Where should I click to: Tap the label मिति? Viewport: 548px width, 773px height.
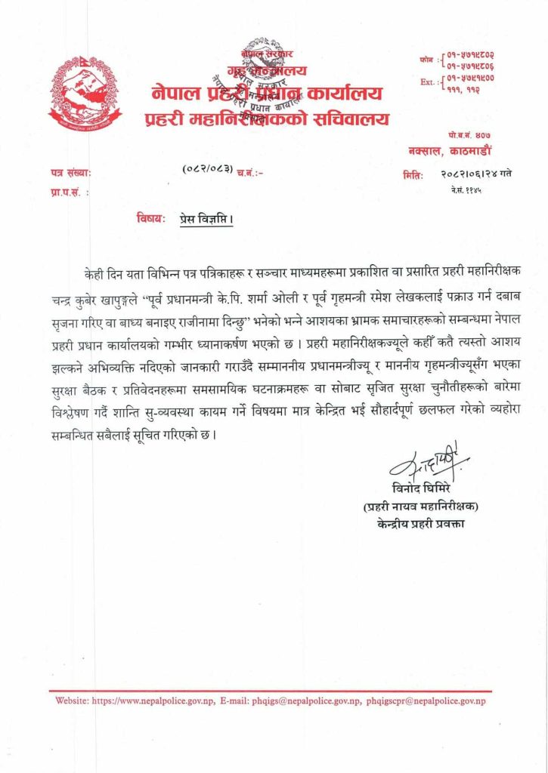413,174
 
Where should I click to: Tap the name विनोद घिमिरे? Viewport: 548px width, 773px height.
428,490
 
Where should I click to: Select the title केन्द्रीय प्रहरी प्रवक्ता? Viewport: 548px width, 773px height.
422,523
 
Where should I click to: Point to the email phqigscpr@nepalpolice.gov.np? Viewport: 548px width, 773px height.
426,701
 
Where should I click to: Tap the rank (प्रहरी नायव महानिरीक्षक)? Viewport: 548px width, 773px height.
422,506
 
